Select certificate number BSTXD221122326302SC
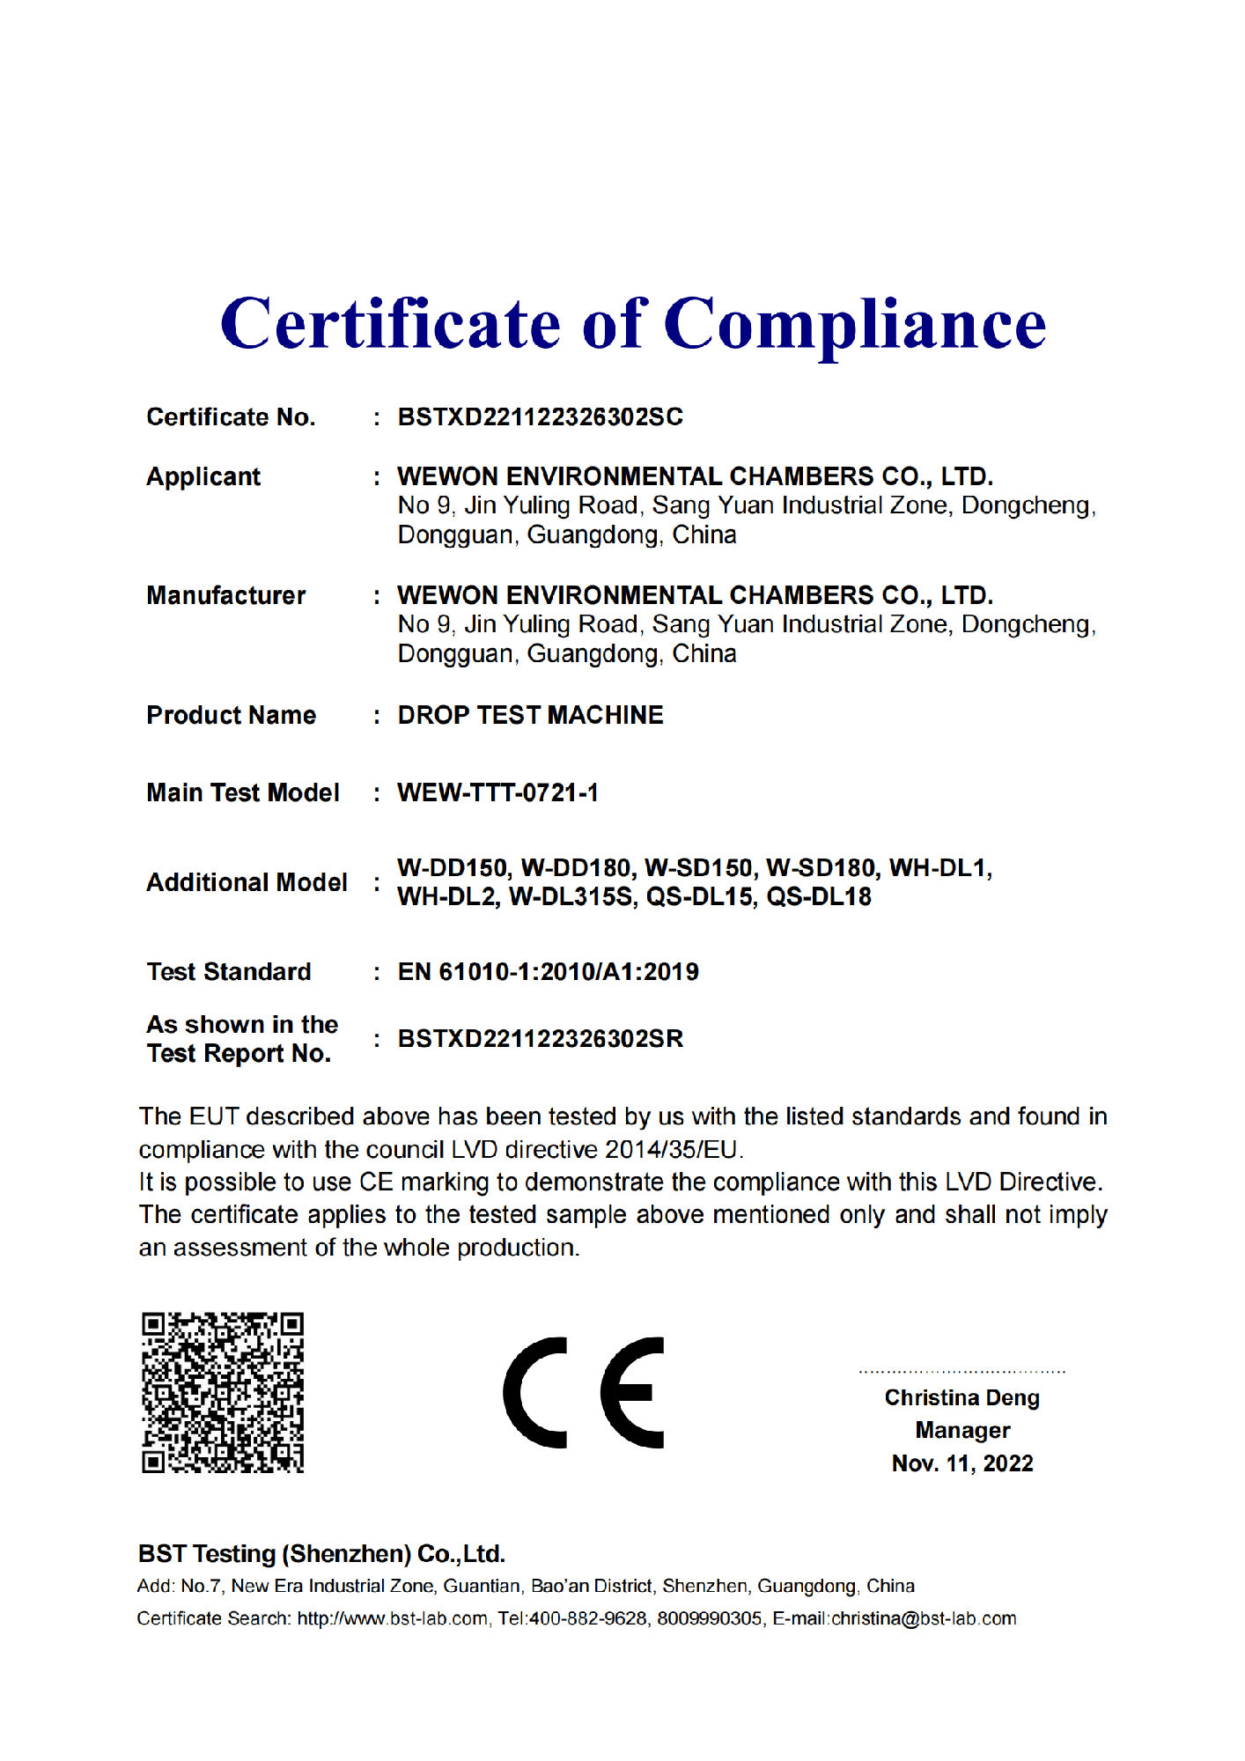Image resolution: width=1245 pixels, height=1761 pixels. click(x=540, y=416)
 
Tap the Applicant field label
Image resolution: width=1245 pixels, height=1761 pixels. click(x=203, y=476)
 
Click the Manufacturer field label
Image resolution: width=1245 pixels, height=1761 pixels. click(x=226, y=595)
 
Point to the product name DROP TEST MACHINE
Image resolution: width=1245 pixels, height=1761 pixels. click(x=530, y=715)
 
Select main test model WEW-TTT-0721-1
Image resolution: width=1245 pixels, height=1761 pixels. click(x=497, y=792)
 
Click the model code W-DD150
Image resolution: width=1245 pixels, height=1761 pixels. click(x=453, y=868)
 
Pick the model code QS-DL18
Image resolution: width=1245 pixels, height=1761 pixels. click(x=819, y=896)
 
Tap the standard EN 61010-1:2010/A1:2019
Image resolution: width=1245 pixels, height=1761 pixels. click(x=548, y=971)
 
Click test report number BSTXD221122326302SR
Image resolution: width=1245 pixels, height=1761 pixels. click(x=540, y=1038)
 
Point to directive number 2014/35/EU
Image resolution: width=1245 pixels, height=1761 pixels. click(x=674, y=1149)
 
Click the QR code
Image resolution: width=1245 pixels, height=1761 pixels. click(x=223, y=1392)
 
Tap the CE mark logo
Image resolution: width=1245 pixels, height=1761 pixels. click(x=584, y=1392)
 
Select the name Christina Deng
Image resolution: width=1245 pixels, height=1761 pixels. click(x=961, y=1397)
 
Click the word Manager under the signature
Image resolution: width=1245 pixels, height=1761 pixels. click(x=962, y=1430)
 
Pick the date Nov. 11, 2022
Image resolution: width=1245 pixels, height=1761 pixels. click(x=962, y=1463)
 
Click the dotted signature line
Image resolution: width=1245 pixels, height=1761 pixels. click(x=961, y=1371)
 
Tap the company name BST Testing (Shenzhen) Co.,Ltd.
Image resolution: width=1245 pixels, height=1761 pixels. click(x=321, y=1553)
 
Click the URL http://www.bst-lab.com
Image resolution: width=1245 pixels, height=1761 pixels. click(x=392, y=1618)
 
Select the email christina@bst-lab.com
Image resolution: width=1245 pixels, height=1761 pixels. click(x=924, y=1618)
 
